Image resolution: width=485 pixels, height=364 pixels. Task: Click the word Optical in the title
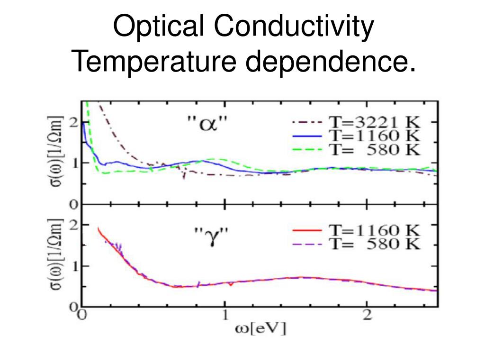(x=157, y=28)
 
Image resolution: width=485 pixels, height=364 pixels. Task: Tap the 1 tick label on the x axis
(x=225, y=315)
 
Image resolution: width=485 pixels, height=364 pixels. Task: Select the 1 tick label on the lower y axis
(x=73, y=266)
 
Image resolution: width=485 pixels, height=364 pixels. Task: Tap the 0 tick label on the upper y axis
(x=73, y=205)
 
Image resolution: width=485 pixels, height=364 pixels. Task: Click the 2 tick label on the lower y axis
(x=73, y=224)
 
